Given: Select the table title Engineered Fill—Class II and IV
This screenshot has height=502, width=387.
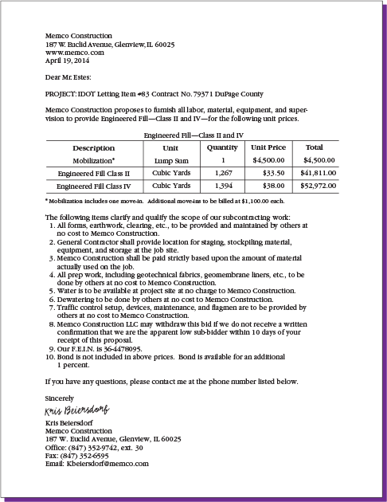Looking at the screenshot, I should [x=193, y=136].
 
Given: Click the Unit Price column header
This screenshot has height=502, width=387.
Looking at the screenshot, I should [x=268, y=147].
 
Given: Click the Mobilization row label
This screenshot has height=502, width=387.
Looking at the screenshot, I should [x=93, y=160].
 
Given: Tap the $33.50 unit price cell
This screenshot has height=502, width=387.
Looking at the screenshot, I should [x=273, y=173].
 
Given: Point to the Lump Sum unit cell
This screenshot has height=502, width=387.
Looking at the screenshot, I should [x=170, y=160].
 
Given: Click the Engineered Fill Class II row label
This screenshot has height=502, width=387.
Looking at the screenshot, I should [x=93, y=173].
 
